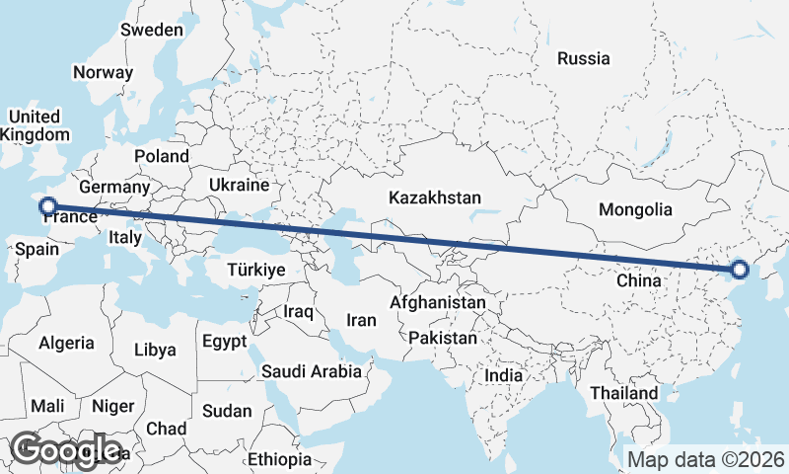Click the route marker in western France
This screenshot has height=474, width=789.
(x=46, y=206)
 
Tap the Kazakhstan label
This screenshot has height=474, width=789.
(x=435, y=197)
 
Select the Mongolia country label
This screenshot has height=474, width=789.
(x=635, y=209)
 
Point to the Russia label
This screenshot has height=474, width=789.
(x=583, y=59)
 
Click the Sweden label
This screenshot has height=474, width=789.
(x=152, y=30)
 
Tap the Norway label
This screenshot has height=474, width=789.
(x=103, y=72)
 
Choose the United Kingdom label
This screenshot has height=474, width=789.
(x=36, y=125)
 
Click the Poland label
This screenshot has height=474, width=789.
(x=162, y=156)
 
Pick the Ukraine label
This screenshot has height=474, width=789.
(x=239, y=185)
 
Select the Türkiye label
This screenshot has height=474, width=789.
(x=255, y=270)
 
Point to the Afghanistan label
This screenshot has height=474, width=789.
(x=438, y=302)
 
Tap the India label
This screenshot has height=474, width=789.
(x=504, y=375)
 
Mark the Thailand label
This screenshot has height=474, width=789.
(x=624, y=393)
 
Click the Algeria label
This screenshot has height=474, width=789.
(x=66, y=344)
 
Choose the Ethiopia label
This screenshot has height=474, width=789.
(x=279, y=459)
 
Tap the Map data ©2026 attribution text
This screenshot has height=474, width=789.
(x=706, y=459)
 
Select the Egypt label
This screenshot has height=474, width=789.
(x=224, y=342)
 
